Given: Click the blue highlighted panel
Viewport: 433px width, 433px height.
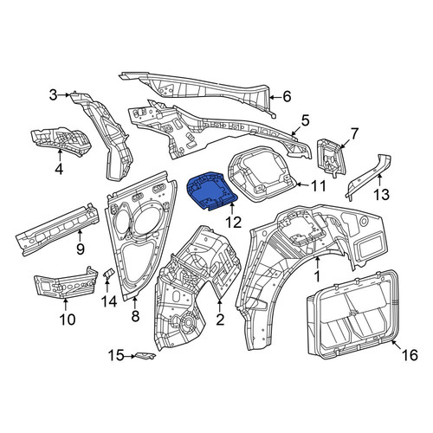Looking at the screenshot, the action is pyautogui.click(x=211, y=191).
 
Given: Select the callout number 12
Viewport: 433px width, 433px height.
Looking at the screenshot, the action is pyautogui.click(x=233, y=223).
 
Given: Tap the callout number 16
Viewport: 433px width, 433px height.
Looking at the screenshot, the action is pyautogui.click(x=410, y=355).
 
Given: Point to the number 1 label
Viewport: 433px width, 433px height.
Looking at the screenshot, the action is pyautogui.click(x=317, y=276).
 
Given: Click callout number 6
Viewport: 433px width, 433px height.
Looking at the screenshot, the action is pyautogui.click(x=287, y=97).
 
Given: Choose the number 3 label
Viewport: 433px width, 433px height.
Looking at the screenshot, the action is pyautogui.click(x=54, y=94).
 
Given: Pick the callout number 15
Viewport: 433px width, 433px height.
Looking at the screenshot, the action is pyautogui.click(x=115, y=356).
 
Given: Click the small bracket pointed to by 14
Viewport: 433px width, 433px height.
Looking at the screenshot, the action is pyautogui.click(x=108, y=273).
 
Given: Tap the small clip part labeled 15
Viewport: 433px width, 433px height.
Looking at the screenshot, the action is pyautogui.click(x=145, y=356).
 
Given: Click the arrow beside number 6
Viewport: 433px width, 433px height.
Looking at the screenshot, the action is pyautogui.click(x=275, y=98).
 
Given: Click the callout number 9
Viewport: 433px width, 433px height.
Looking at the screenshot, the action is pyautogui.click(x=81, y=248).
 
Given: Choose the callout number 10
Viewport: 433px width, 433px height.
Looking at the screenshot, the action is pyautogui.click(x=68, y=320).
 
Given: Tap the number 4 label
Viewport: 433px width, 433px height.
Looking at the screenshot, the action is pyautogui.click(x=59, y=169).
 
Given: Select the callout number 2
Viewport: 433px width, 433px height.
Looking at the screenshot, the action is pyautogui.click(x=220, y=320).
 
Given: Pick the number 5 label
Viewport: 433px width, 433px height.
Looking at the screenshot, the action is pyautogui.click(x=305, y=120).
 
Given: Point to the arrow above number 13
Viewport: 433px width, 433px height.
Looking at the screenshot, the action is pyautogui.click(x=379, y=180).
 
